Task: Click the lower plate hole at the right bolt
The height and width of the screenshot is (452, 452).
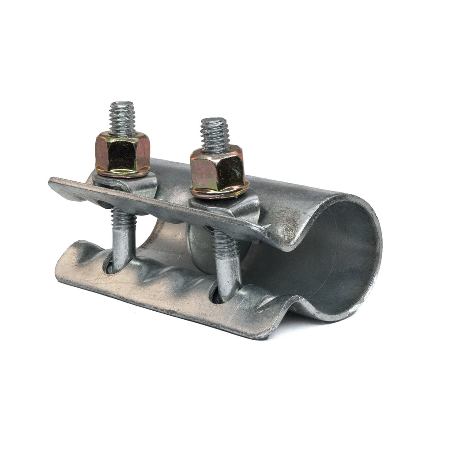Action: (x=216, y=295)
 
